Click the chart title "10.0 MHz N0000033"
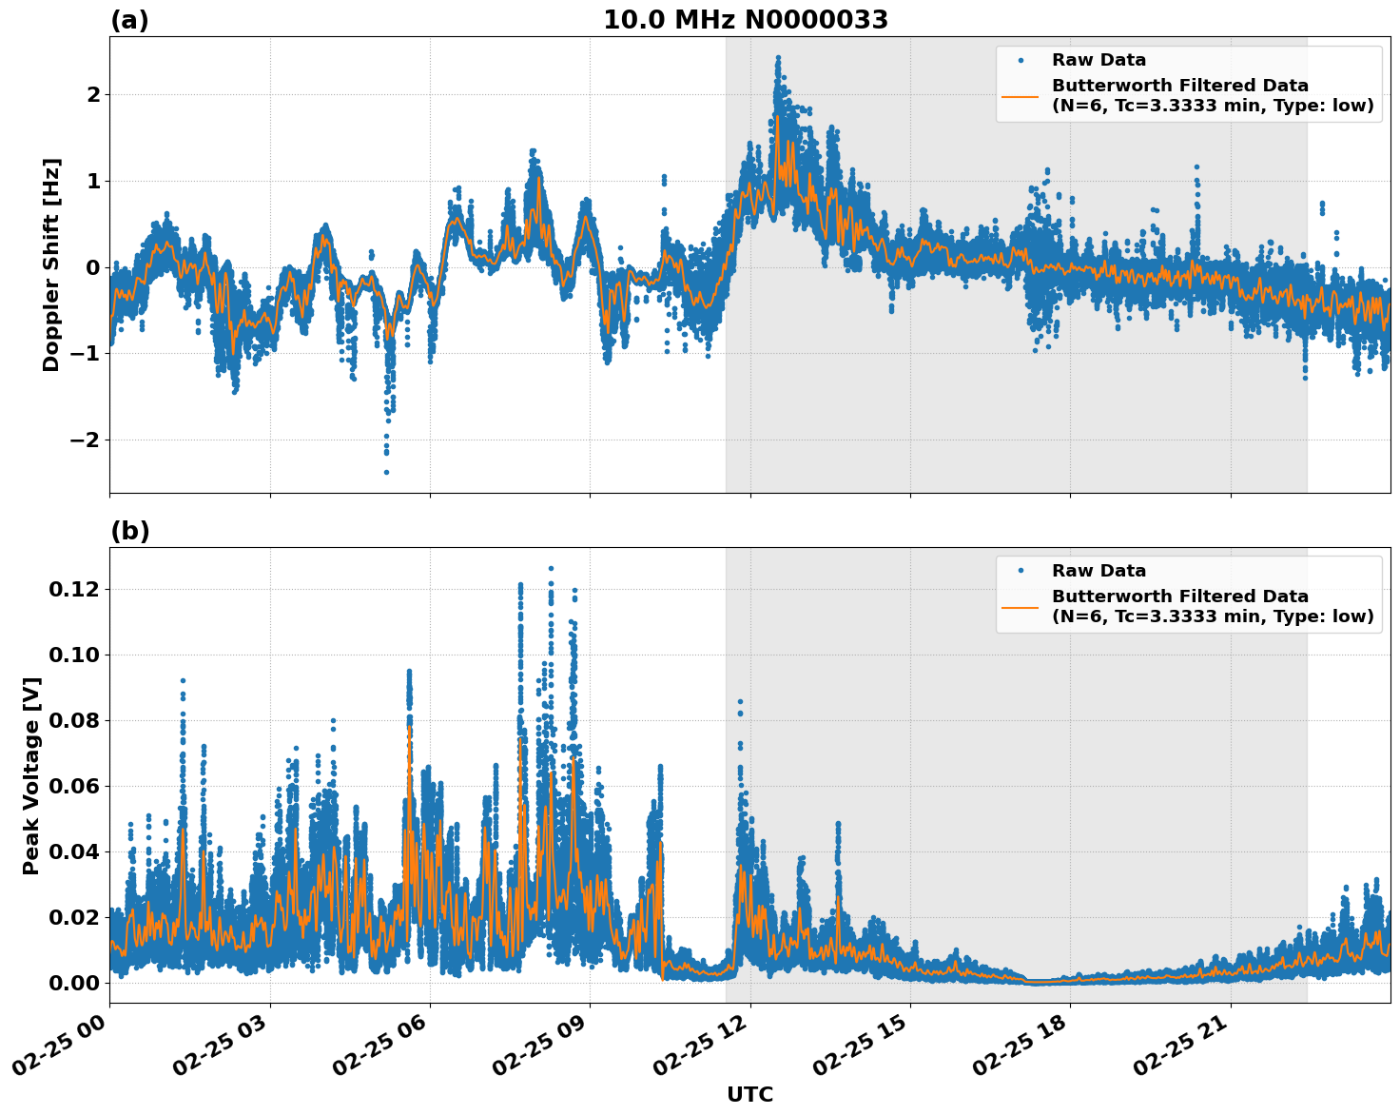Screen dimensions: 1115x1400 [745, 20]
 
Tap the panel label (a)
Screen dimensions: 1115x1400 [129, 20]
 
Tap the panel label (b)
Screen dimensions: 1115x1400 [129, 531]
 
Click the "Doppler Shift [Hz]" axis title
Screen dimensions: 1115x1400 [51, 264]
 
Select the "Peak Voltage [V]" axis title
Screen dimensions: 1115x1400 [31, 775]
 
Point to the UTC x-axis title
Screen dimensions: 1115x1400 [749, 1094]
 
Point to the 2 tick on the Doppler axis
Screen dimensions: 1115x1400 [93, 94]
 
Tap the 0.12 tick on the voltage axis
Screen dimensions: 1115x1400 [74, 590]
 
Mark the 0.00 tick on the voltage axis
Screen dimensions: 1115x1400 [74, 983]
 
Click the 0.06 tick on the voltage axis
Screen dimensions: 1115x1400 [74, 786]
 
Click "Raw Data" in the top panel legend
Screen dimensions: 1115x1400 [1099, 60]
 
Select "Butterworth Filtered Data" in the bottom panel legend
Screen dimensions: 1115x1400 [1179, 597]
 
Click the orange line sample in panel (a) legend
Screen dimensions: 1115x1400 [1020, 95]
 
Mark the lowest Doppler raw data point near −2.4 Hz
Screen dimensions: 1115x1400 [386, 472]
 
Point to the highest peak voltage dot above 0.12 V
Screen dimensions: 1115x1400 [551, 568]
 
